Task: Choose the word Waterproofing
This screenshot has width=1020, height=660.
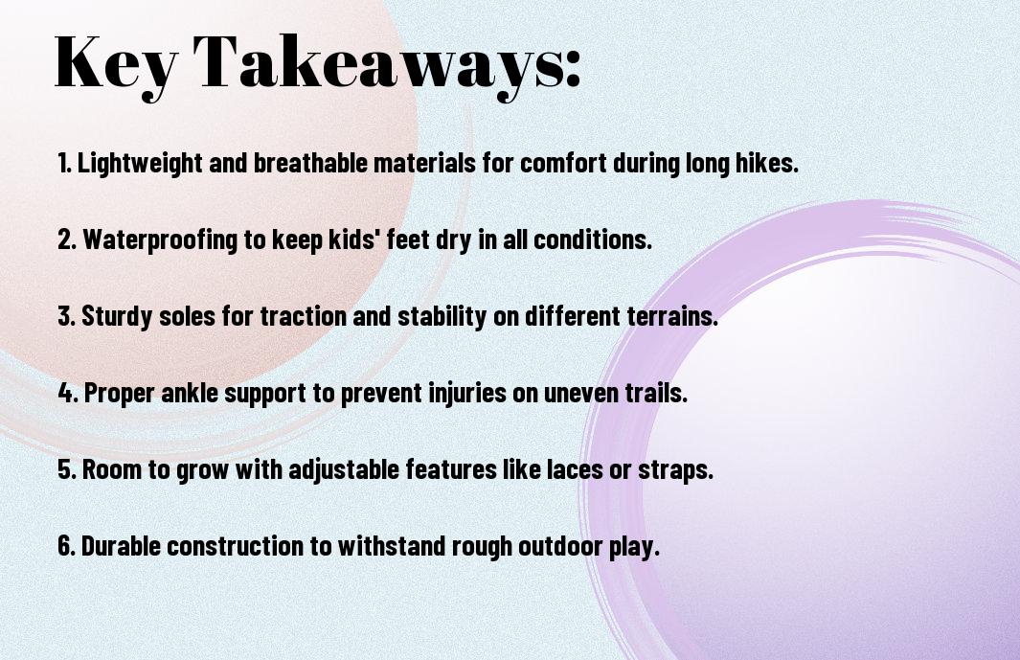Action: tap(160, 240)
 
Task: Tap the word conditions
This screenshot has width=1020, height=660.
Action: tap(593, 239)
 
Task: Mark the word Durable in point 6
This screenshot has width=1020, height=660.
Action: tap(121, 545)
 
